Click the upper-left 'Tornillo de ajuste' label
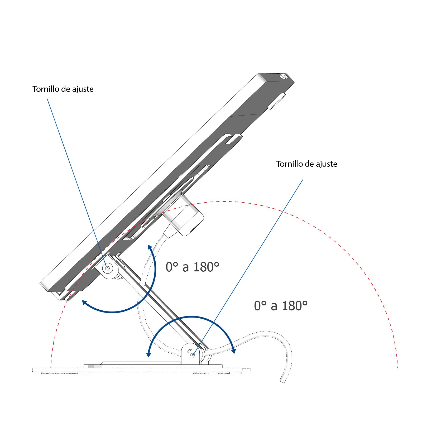(63, 89)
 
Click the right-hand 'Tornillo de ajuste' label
(306, 164)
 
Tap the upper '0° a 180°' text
(192, 267)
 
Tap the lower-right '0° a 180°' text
(281, 306)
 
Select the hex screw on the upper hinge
(107, 268)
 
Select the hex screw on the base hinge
(193, 355)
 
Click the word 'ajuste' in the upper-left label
(83, 89)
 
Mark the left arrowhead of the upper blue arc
(84, 303)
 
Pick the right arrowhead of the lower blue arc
(233, 351)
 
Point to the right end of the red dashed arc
(397, 367)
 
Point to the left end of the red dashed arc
(51, 367)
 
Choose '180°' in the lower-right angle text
(295, 306)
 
